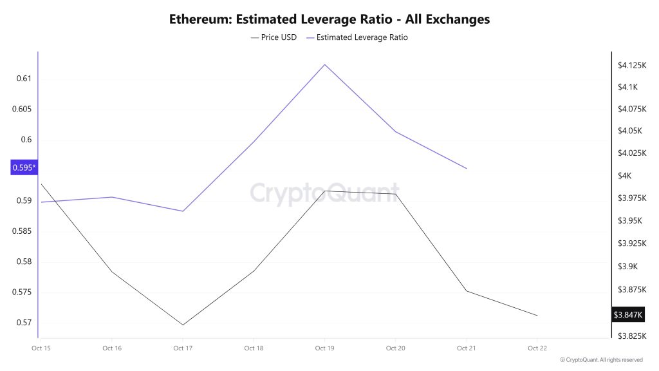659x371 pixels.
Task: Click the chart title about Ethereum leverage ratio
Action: [329, 19]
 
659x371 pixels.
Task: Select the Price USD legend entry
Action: [274, 37]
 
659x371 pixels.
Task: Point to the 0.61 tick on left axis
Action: [24, 79]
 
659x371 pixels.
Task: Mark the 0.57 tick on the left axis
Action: [24, 323]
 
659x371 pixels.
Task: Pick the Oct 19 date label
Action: [324, 348]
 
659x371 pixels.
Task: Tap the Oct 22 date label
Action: [537, 348]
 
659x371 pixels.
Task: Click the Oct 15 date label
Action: [41, 348]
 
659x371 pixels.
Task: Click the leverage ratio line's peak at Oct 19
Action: [324, 64]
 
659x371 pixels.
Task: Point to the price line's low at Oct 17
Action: [183, 325]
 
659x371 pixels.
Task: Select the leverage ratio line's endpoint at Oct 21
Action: [466, 168]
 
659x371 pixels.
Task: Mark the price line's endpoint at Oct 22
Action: [537, 316]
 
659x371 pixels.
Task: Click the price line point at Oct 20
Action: [395, 194]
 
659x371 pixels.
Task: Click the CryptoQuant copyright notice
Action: [601, 359]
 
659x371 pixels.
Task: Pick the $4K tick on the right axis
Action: [625, 176]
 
